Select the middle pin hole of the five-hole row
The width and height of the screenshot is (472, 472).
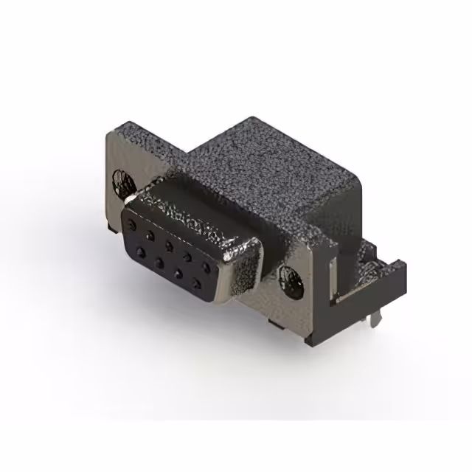coord(169,243)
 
